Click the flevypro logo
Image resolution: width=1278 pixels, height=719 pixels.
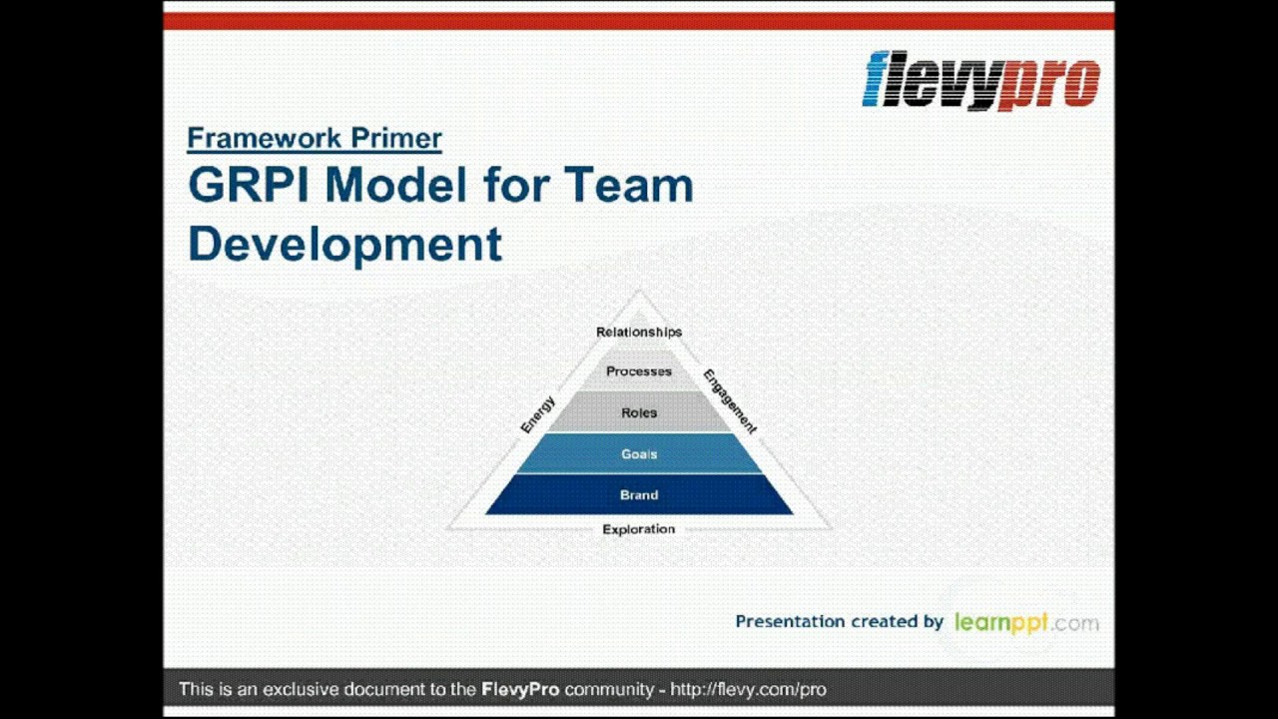tap(980, 81)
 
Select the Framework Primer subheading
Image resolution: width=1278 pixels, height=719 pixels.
tap(314, 138)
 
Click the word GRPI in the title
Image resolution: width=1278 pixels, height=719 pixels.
tap(249, 186)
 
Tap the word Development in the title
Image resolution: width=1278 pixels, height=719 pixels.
tap(344, 244)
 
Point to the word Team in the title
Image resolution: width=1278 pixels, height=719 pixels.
tap(628, 186)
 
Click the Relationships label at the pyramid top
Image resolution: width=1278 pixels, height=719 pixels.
tap(639, 332)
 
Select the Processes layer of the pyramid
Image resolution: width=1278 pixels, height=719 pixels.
tap(639, 371)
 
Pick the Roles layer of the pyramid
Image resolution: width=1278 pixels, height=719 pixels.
tap(639, 412)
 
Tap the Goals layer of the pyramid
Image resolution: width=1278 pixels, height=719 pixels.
tap(639, 454)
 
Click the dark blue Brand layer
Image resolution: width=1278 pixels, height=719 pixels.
tap(639, 494)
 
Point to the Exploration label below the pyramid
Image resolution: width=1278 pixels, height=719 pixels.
tap(639, 529)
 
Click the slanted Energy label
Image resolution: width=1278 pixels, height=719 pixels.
tap(537, 414)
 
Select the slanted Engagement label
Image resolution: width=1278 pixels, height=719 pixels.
tap(730, 401)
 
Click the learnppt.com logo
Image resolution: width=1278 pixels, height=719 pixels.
tap(1026, 622)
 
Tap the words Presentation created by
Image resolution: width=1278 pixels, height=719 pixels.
tap(839, 621)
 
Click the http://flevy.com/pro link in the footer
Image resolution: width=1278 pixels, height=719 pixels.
tap(748, 689)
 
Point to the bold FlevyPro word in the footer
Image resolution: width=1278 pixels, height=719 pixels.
tap(520, 689)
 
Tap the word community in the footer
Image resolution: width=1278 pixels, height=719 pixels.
tap(608, 689)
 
